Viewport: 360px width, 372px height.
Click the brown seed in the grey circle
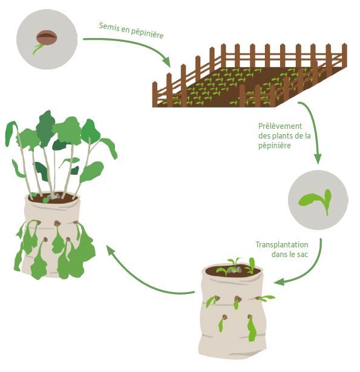pos(47,38)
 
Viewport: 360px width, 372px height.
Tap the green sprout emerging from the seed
pos(38,49)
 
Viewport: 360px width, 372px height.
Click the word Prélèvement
pos(280,126)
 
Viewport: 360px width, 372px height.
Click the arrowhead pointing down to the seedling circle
pos(318,159)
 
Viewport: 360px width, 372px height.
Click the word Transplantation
pos(282,244)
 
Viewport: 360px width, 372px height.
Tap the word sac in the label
pos(303,255)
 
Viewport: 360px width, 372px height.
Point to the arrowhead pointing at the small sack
pos(279,282)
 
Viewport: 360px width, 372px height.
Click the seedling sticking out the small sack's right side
pos(266,298)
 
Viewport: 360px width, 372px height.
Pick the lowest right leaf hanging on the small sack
pos(252,328)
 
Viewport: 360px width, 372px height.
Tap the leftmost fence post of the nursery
pos(155,94)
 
